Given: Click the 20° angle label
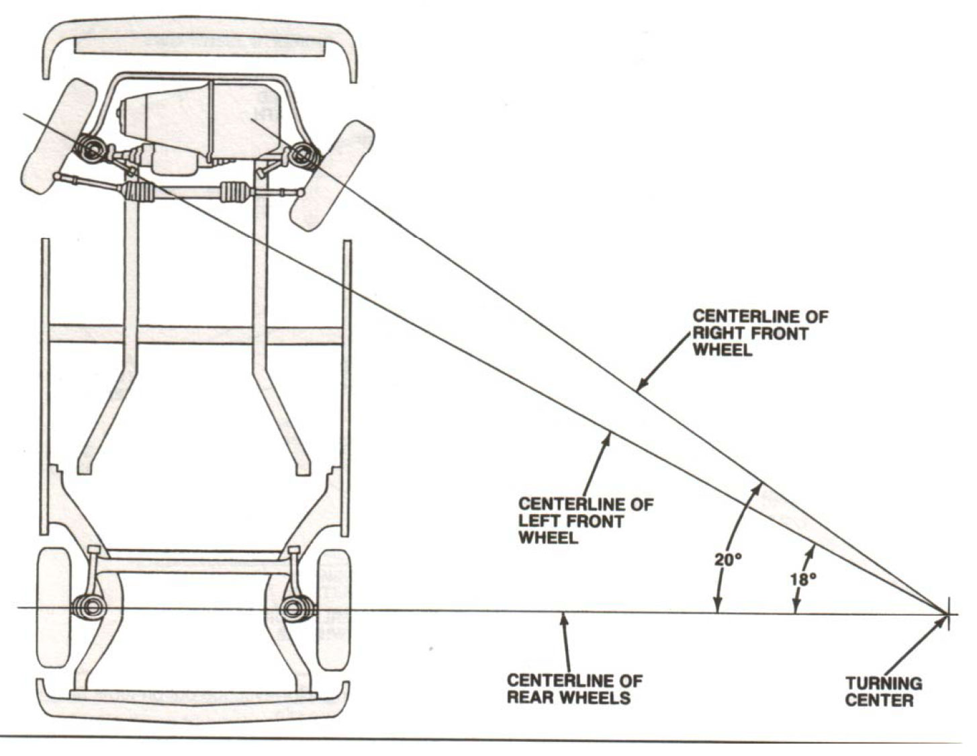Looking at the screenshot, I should [727, 558].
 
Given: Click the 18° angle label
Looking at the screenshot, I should [803, 579].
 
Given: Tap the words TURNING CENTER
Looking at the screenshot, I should [883, 692].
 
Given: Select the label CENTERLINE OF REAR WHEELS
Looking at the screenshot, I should [574, 689].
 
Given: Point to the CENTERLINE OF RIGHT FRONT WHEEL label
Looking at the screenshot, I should [759, 333].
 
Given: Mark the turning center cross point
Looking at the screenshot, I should [948, 614].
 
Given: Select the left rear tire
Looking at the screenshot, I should [53, 608].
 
